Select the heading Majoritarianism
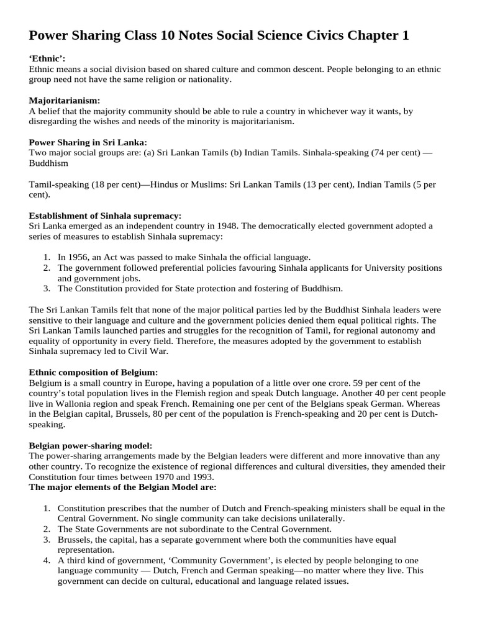64,101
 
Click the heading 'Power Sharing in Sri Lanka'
88,142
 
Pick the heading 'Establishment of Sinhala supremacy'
106,216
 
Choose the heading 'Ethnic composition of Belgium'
93,372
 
